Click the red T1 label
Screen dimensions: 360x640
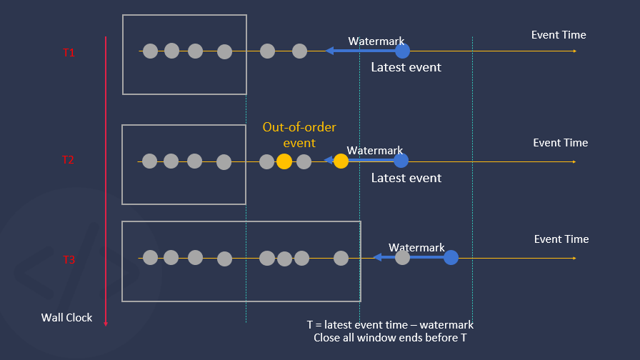coord(69,53)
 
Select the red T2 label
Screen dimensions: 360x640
coord(68,160)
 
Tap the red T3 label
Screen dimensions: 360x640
coord(69,259)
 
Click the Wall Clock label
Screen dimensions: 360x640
coord(66,317)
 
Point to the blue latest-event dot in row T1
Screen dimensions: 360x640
coord(403,51)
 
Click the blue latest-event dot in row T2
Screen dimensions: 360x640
coord(401,161)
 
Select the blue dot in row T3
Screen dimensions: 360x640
coord(451,257)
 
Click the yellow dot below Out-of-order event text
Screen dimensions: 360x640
coord(284,161)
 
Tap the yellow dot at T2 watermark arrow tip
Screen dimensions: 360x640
coord(341,161)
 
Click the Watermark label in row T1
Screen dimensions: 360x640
coord(376,41)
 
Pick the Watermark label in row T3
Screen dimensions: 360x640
coord(416,248)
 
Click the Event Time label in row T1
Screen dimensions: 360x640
coord(559,35)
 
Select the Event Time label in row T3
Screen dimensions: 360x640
coord(561,239)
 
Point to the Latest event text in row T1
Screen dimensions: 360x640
coord(406,67)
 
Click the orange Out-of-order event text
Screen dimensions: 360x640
coord(299,135)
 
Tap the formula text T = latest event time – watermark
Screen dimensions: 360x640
coord(390,324)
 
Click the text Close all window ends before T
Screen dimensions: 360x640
coord(390,338)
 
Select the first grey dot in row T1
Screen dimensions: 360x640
coord(150,51)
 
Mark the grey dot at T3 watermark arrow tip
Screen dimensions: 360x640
coord(403,257)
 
